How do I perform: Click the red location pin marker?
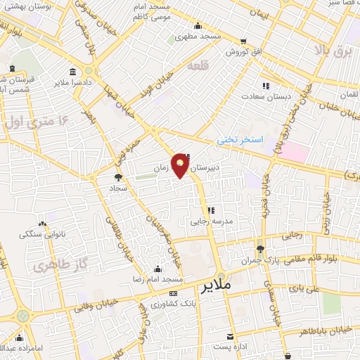coord(181,166)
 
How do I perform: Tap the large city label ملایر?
coord(215,288)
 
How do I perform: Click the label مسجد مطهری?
coord(198,36)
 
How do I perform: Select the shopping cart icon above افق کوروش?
coord(243,41)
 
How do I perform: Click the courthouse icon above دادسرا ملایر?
coord(74,72)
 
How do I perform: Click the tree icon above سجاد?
coord(117,177)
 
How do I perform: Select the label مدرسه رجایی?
coord(207,220)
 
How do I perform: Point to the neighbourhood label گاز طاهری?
coord(53,266)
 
